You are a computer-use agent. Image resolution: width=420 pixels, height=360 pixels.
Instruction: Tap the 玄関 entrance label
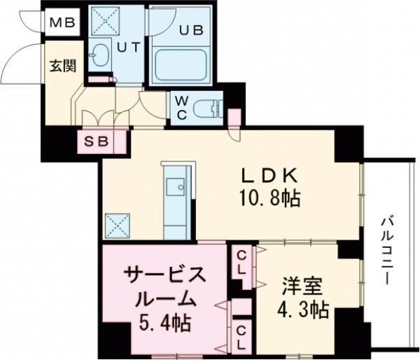62,66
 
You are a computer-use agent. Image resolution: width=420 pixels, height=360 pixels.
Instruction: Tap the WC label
181,109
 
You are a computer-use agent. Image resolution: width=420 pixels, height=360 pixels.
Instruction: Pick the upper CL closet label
240,261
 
